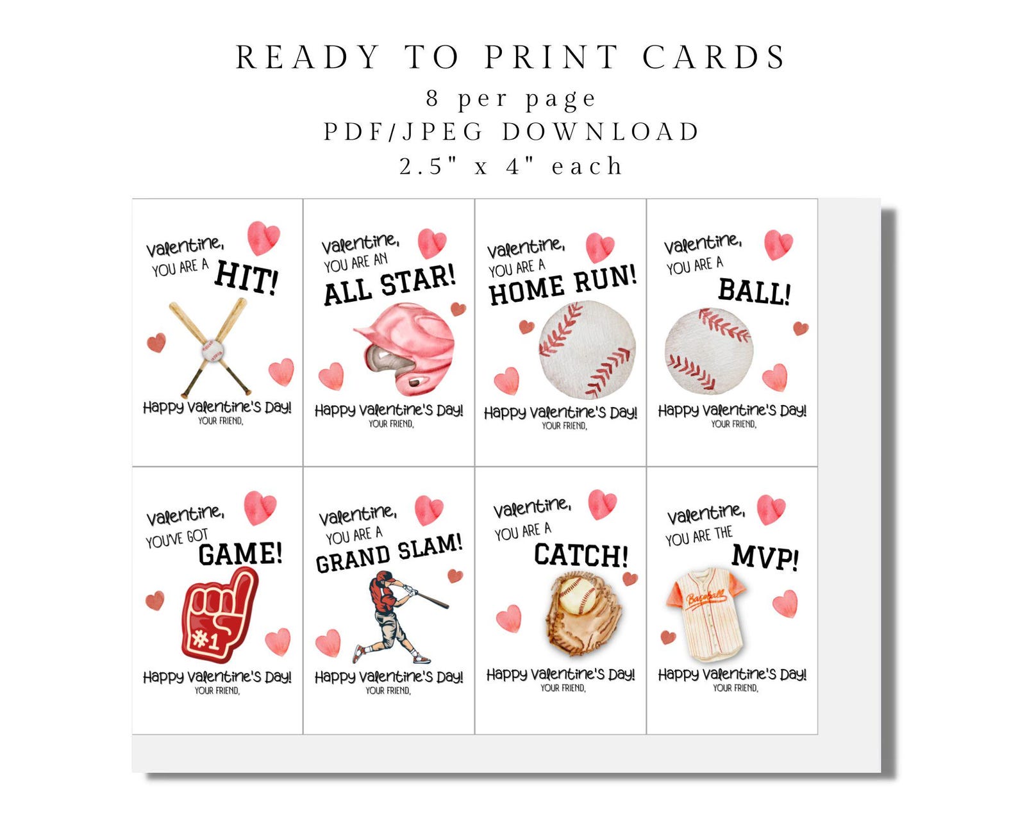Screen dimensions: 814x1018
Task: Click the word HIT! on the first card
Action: pos(246,277)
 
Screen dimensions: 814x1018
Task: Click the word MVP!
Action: pos(765,556)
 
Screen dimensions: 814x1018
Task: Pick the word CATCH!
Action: pos(581,554)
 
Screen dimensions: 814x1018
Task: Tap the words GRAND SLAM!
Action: pos(388,554)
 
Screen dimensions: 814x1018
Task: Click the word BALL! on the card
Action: pos(754,291)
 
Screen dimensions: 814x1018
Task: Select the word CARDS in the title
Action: pos(713,58)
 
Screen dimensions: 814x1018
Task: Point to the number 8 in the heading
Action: pos(433,99)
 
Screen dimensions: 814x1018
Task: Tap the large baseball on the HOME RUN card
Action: pos(587,349)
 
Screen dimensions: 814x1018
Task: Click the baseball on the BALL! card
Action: pos(708,351)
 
